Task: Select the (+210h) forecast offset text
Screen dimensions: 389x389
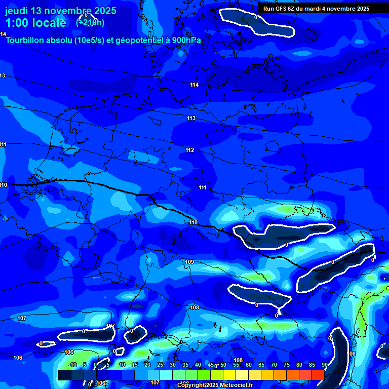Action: (x=90, y=23)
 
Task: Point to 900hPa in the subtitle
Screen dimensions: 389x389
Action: (x=186, y=40)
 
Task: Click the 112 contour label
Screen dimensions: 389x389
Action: (x=190, y=150)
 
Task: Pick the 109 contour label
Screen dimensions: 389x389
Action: (x=189, y=262)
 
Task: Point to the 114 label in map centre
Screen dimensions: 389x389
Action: (x=194, y=85)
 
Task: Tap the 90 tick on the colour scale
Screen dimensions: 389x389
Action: (x=324, y=365)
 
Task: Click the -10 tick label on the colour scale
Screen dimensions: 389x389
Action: (x=72, y=365)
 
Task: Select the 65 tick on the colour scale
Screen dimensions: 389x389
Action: (x=261, y=365)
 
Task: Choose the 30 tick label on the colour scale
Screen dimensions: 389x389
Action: (x=172, y=365)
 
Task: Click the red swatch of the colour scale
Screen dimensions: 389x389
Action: (x=318, y=375)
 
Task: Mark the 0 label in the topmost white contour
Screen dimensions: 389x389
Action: (x=255, y=17)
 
